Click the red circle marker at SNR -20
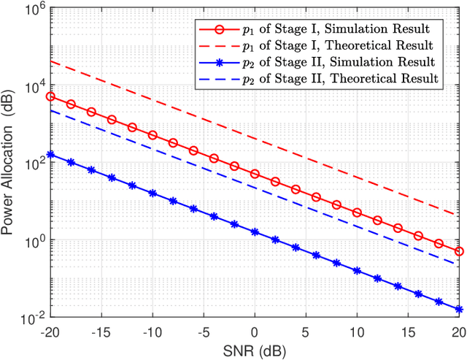50,96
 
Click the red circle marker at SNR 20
459,251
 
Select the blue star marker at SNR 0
255,232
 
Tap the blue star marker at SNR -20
50,155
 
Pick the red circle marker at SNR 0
255,174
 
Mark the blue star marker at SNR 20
459,310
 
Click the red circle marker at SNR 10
357,212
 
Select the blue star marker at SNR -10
152,194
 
